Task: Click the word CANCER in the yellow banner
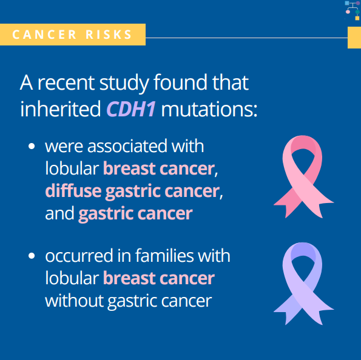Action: coord(44,35)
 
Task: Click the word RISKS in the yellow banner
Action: coord(109,35)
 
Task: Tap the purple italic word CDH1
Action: coord(131,108)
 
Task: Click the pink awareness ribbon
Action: coord(303,176)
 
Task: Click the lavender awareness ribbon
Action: coord(303,284)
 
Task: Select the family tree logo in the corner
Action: coord(353,10)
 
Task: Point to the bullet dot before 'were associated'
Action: coord(32,146)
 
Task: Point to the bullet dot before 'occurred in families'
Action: coord(32,256)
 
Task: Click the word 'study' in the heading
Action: coord(124,83)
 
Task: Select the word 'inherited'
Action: coord(61,108)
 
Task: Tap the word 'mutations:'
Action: coord(209,109)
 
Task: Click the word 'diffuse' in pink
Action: coord(73,191)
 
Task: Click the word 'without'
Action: coord(74,301)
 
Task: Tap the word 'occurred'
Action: coord(79,256)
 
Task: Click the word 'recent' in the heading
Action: coord(66,83)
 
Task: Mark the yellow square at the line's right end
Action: coord(354,38)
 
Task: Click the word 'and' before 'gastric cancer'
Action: coord(59,213)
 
